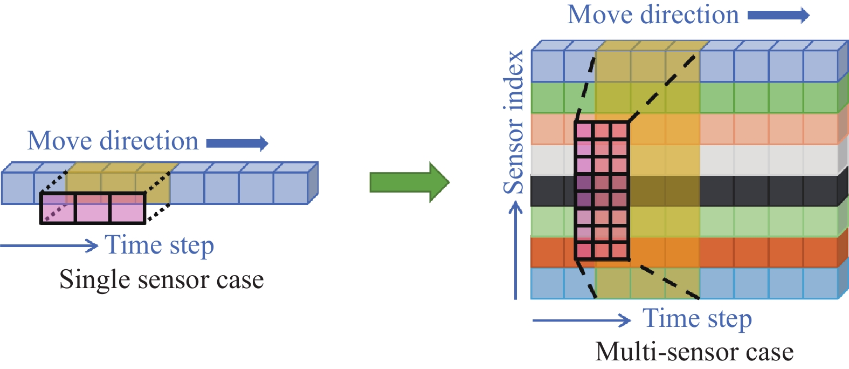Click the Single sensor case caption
click(x=161, y=280)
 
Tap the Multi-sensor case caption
click(x=694, y=352)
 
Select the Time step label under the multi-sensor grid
click(x=697, y=318)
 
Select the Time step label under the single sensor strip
click(x=160, y=245)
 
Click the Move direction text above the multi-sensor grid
click(x=653, y=15)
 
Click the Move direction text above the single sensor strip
click(x=113, y=141)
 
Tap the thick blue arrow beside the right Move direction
click(x=778, y=15)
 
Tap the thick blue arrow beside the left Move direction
click(x=237, y=143)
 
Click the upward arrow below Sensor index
click(x=516, y=250)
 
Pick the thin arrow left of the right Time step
click(x=581, y=320)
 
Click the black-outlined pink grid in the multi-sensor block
click(x=602, y=190)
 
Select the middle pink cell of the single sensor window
click(x=93, y=208)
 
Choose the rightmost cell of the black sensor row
click(x=820, y=191)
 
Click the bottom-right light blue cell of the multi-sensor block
click(x=820, y=283)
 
